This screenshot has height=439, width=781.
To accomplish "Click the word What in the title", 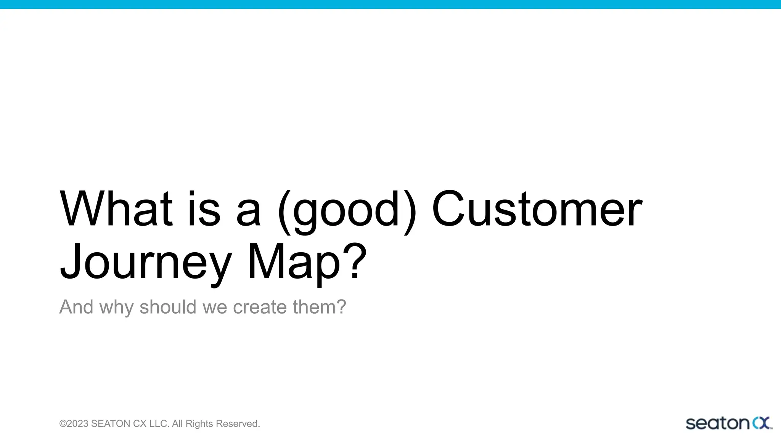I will (116, 209).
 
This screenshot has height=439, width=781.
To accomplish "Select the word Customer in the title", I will (537, 209).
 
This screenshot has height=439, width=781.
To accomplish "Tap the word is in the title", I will (204, 209).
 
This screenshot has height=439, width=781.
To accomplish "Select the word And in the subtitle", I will (76, 307).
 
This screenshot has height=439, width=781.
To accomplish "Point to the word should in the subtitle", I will (168, 307).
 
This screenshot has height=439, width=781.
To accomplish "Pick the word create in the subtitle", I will (260, 307).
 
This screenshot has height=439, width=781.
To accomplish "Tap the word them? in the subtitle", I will (320, 307).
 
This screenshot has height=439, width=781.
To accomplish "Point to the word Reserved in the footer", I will (238, 424).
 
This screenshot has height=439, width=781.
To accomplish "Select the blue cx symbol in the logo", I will (761, 423).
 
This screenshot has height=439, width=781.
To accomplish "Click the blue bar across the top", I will (390, 4).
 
